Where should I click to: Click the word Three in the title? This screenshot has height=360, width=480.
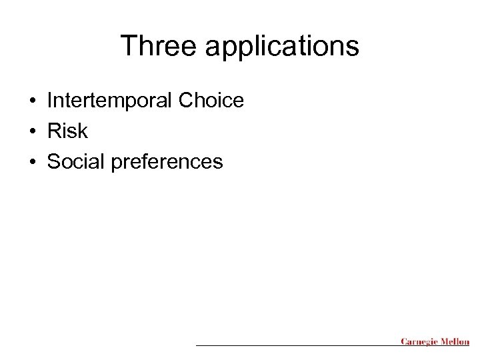(157, 47)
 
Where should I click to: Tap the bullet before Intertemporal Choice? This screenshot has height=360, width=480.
(32, 101)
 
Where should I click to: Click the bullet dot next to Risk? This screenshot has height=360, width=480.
(32, 131)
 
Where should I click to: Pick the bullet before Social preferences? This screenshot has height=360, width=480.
(32, 161)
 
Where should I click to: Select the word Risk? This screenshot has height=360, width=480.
(67, 131)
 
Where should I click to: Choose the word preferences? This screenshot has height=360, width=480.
(167, 162)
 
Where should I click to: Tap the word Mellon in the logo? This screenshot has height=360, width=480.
(455, 342)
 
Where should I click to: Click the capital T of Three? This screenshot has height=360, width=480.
(127, 47)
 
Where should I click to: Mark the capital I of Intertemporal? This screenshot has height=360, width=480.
(50, 101)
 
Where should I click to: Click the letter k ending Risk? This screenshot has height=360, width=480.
(83, 131)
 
